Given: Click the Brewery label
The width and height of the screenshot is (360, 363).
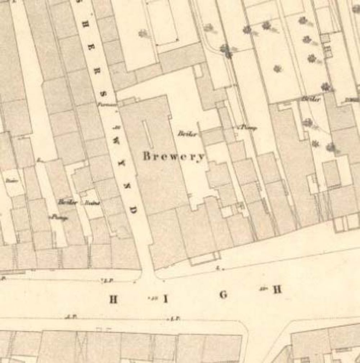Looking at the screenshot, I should pos(174,157).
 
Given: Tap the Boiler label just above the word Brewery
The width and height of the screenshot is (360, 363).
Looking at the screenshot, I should pos(188,134).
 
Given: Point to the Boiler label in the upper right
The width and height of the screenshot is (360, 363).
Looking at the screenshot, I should pos(311,99).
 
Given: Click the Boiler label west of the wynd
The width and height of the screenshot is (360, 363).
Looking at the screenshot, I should pos(68,202).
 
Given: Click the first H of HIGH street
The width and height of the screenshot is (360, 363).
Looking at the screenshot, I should pos(114,299).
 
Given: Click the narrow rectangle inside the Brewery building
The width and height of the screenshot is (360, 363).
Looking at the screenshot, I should pos(147,134).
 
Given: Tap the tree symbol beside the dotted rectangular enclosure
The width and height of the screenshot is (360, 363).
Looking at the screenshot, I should pos(143,33).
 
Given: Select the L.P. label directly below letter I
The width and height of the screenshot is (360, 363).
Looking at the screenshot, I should pos(175,318).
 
